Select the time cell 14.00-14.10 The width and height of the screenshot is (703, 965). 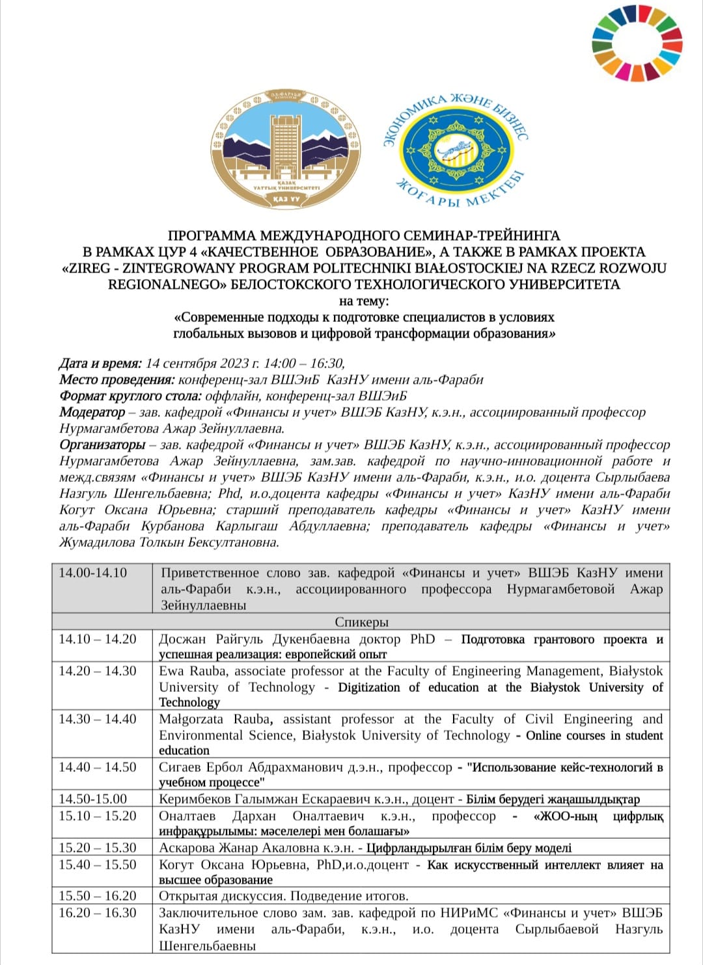93,573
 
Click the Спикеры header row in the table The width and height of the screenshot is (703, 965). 361,622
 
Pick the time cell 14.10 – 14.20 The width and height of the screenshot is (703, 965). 98,639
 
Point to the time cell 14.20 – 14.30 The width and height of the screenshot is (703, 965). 98,671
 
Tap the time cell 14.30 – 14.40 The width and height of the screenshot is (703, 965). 98,719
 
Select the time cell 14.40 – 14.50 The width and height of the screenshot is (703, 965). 98,767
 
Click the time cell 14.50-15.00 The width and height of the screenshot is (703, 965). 93,799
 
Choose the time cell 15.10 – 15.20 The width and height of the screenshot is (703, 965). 98,816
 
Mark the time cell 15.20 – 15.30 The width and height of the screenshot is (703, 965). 98,848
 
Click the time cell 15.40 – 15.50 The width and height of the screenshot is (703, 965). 98,865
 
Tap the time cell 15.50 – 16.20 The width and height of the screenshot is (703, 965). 98,896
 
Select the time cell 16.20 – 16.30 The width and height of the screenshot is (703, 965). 98,913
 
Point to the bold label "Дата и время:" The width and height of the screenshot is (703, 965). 100,364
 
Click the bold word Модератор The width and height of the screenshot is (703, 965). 92,412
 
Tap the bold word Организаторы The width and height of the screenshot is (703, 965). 102,445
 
